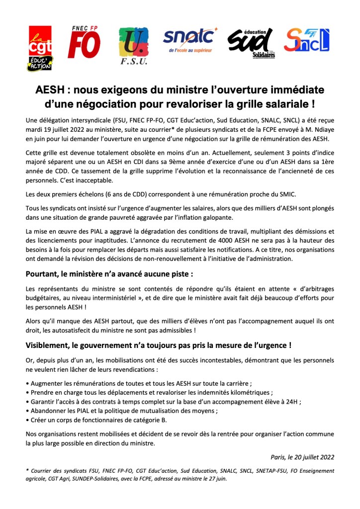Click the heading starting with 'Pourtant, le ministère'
pos(109,273)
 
